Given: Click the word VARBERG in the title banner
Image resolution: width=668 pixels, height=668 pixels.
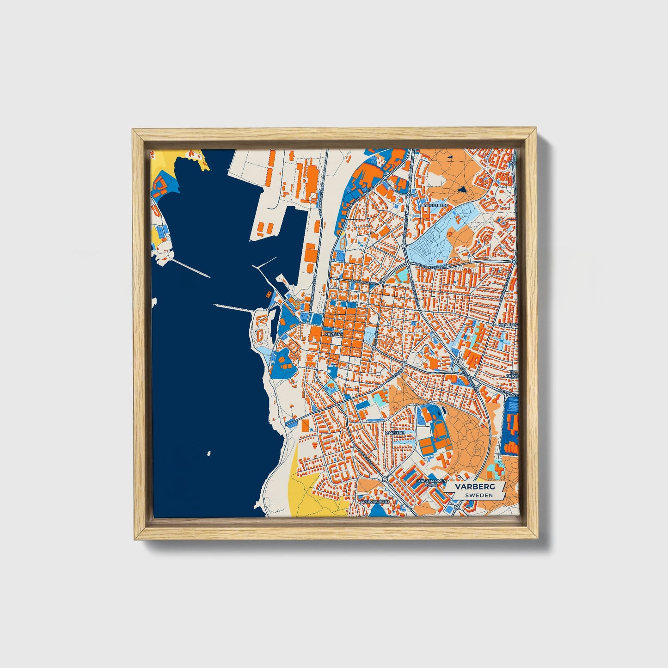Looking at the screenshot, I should coord(474,487).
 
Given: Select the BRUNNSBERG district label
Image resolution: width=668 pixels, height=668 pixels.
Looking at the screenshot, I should coord(435,205).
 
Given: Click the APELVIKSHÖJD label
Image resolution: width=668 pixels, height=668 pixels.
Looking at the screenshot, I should coord(375,501).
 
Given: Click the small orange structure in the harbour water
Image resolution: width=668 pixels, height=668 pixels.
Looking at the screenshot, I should coord(268,294).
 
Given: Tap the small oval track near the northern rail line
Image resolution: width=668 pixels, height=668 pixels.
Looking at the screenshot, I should coord(342,243).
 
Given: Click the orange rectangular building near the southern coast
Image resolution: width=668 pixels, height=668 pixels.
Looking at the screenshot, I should coord(305,425).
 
